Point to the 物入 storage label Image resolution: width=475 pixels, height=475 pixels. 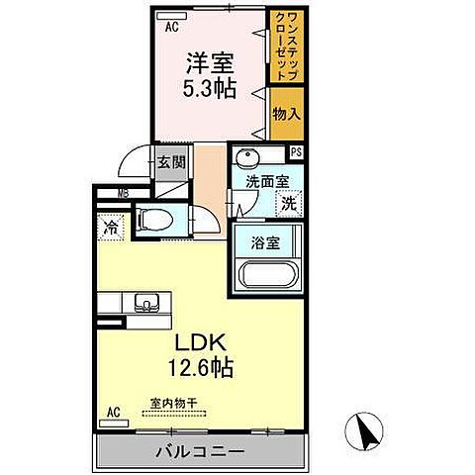point(286,116)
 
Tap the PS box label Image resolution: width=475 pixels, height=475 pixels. point(296,151)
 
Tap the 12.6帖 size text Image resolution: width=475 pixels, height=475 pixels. point(204,368)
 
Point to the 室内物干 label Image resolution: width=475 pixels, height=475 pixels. point(174,403)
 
